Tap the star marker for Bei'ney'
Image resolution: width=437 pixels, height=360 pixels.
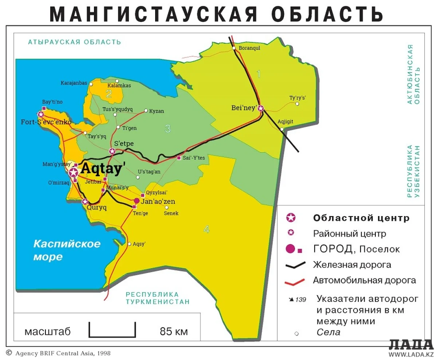261,108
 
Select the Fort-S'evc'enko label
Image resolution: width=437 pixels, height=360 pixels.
46,121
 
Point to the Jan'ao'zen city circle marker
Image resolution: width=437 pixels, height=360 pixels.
137,201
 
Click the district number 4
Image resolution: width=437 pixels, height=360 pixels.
206,230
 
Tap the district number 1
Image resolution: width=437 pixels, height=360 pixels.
259,74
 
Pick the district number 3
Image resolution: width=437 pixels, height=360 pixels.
168,129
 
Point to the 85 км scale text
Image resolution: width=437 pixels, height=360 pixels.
174,332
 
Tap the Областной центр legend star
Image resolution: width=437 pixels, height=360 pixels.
291,218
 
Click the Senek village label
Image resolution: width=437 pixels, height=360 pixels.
171,213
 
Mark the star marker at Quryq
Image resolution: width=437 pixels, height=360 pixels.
85,201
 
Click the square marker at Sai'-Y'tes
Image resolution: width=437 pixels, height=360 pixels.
179,158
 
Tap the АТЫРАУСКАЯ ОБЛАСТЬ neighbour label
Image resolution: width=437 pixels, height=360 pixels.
74,42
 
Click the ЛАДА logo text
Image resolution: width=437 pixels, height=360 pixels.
411,344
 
